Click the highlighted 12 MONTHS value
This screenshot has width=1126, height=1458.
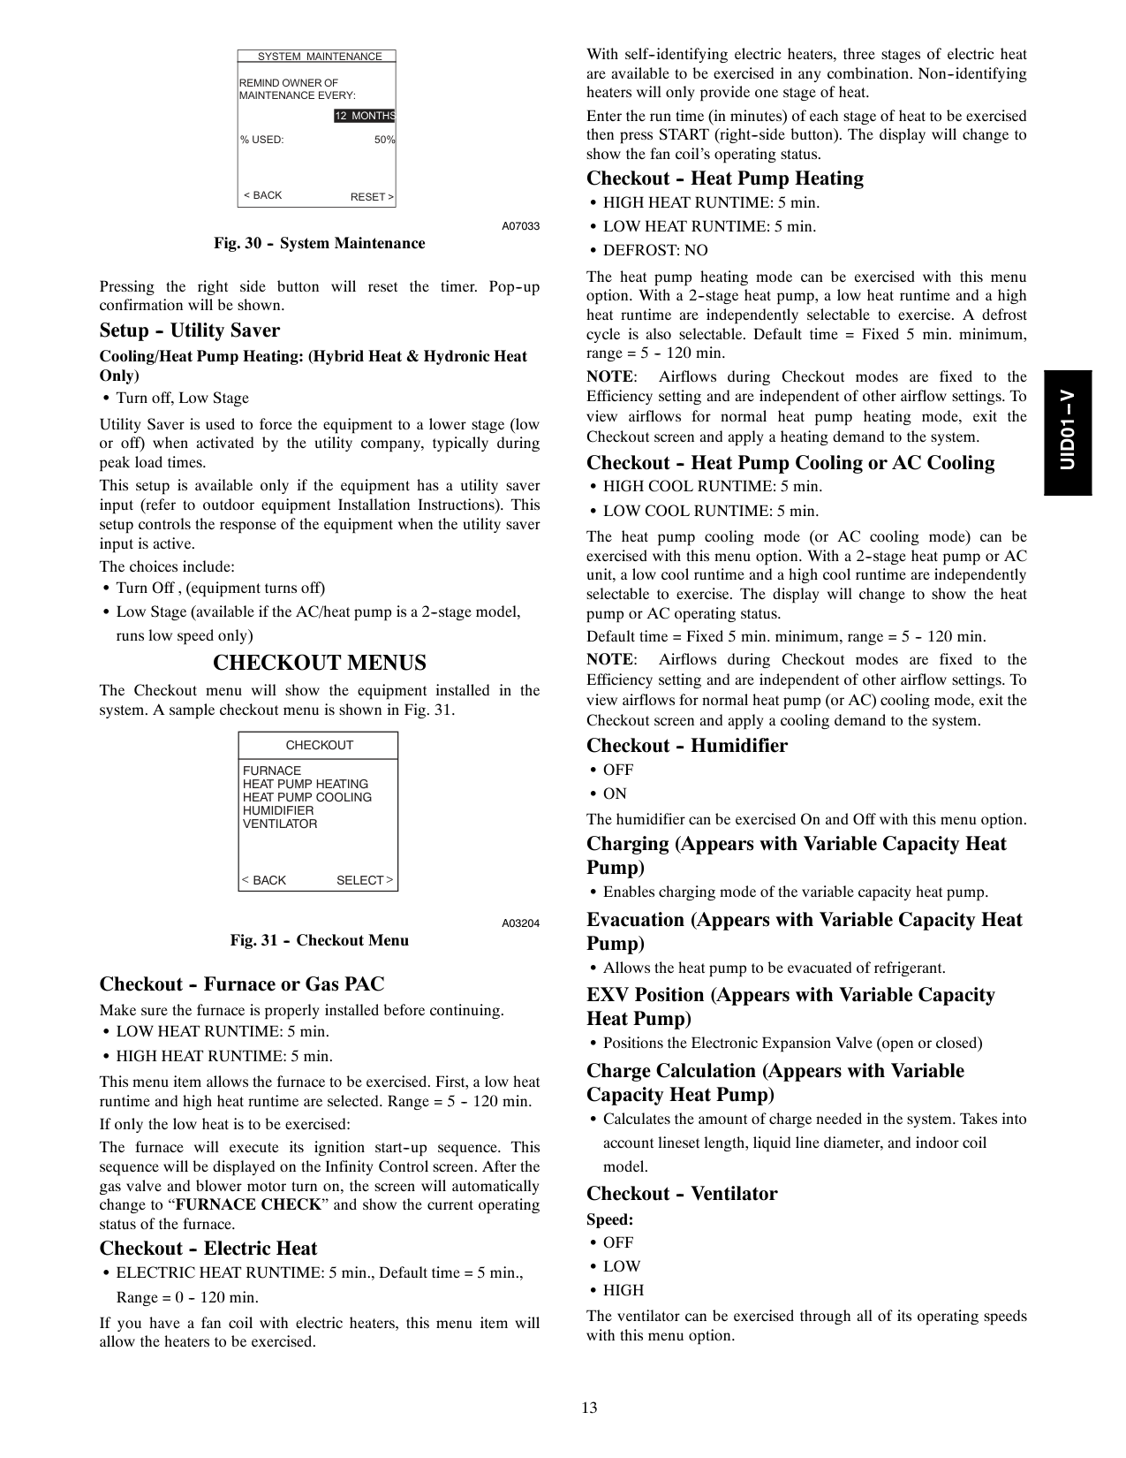[364, 116]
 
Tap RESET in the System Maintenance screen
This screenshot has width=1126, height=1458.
[372, 197]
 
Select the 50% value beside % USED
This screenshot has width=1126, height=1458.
[384, 140]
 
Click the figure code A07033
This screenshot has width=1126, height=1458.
[520, 226]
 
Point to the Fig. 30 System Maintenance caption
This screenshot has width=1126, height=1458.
[319, 243]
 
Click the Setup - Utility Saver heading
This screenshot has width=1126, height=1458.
[189, 330]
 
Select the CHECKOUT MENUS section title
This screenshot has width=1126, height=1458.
[320, 663]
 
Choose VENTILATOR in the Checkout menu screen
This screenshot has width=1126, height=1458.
[280, 824]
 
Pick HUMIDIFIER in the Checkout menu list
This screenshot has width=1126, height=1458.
[278, 810]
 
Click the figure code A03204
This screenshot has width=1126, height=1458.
[520, 923]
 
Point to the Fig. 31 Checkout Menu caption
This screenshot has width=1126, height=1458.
[319, 940]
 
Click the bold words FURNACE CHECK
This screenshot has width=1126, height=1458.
[247, 1205]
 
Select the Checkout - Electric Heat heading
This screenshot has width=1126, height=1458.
[208, 1249]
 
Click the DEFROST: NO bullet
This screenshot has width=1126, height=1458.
[654, 251]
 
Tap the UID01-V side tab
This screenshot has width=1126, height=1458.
[1068, 432]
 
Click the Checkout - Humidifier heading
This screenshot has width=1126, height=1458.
[686, 746]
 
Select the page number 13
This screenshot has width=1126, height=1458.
[589, 1408]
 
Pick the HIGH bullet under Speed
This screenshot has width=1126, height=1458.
[623, 1290]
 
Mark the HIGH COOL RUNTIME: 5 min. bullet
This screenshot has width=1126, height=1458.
[712, 487]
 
